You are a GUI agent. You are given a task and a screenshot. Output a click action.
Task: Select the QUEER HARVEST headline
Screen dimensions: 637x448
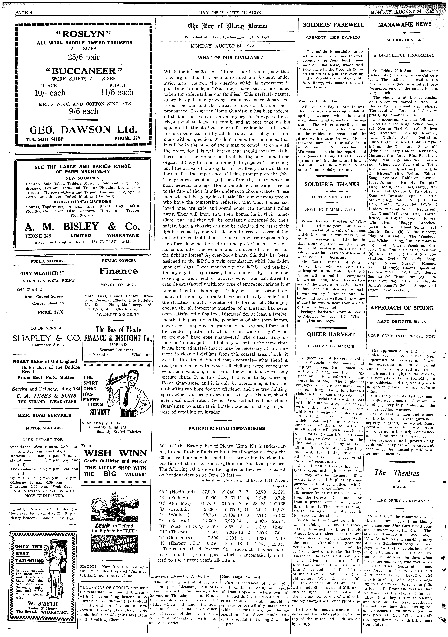[331, 334]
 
